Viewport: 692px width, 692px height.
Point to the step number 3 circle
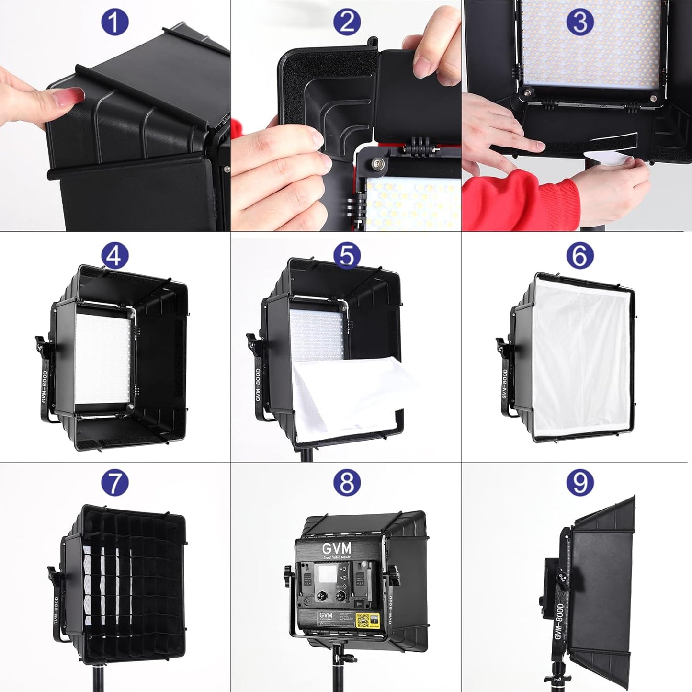pos(579,22)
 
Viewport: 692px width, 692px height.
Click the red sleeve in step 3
pos(517,196)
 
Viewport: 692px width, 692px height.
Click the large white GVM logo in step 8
pos(336,548)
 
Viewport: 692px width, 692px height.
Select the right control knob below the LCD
pos(340,596)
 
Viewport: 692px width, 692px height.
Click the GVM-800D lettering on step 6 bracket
pos(504,384)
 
